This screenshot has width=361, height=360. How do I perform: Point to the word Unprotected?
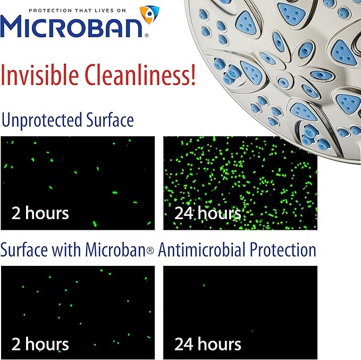(x=40, y=120)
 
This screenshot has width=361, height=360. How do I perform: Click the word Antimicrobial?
(x=200, y=249)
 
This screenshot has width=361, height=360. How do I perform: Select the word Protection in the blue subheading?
(x=281, y=249)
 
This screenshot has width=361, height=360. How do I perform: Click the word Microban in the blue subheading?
(x=117, y=249)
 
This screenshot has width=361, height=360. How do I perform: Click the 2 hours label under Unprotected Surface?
(x=40, y=214)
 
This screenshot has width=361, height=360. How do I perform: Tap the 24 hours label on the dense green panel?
(x=207, y=214)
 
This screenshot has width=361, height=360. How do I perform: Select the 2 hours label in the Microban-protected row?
(x=40, y=344)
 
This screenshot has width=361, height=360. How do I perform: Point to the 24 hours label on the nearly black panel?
(x=207, y=344)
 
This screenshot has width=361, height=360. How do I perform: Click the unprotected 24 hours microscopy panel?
(x=240, y=175)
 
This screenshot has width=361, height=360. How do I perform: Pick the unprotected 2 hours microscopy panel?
(x=78, y=175)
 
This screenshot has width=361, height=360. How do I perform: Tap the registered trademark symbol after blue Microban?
(x=150, y=251)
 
